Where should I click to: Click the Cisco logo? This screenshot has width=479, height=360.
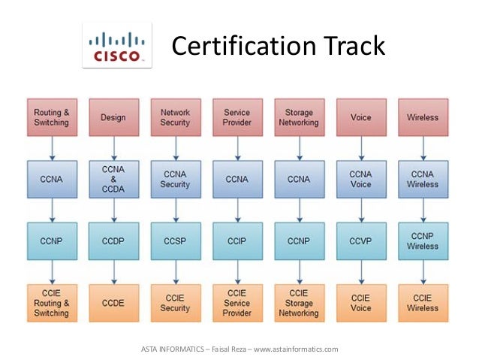tap(116, 46)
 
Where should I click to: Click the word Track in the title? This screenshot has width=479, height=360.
tap(349, 47)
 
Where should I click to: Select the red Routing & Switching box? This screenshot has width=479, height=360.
tap(52, 117)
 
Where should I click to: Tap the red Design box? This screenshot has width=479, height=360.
tap(113, 117)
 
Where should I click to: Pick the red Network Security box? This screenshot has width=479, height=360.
tap(175, 117)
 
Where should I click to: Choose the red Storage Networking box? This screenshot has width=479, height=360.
tap(299, 117)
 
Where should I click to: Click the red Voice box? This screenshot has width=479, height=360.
tap(360, 117)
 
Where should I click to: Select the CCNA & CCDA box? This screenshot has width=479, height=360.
tap(113, 180)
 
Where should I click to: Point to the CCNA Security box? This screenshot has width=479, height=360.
tap(175, 180)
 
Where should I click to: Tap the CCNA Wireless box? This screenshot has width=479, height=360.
tap(422, 180)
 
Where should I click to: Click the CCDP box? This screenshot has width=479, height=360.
tap(113, 241)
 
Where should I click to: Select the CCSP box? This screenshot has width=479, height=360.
tap(175, 241)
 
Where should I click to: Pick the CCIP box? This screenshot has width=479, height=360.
tap(237, 241)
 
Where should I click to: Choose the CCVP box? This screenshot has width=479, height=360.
tap(360, 241)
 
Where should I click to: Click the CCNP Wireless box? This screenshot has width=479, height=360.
tap(422, 241)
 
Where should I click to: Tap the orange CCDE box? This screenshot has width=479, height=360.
tap(113, 303)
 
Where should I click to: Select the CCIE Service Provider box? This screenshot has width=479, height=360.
tap(237, 303)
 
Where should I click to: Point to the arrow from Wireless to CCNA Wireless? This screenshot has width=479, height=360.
tap(422, 148)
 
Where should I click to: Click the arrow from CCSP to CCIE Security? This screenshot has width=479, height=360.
tap(175, 271)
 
